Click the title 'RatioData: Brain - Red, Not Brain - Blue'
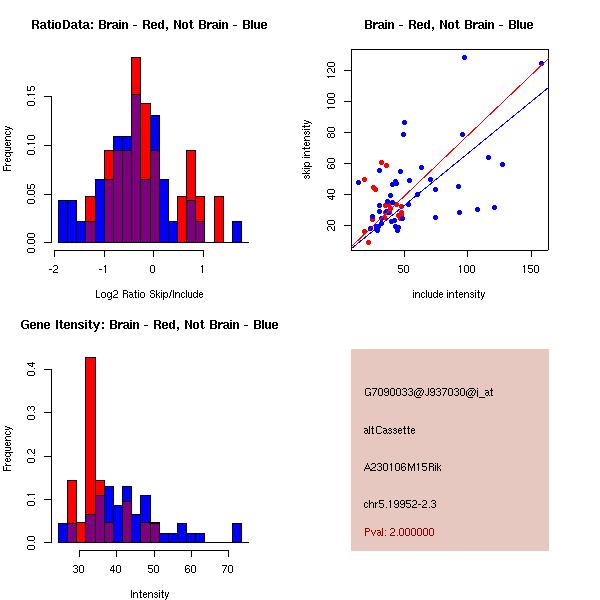point(149,25)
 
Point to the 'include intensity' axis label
point(449,294)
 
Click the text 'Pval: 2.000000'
point(399,532)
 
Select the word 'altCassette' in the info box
point(389,430)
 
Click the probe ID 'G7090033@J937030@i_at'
point(428,392)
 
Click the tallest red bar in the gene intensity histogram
point(91,450)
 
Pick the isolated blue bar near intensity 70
point(237,532)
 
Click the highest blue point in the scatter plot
point(464,58)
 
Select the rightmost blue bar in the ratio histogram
point(237,232)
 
